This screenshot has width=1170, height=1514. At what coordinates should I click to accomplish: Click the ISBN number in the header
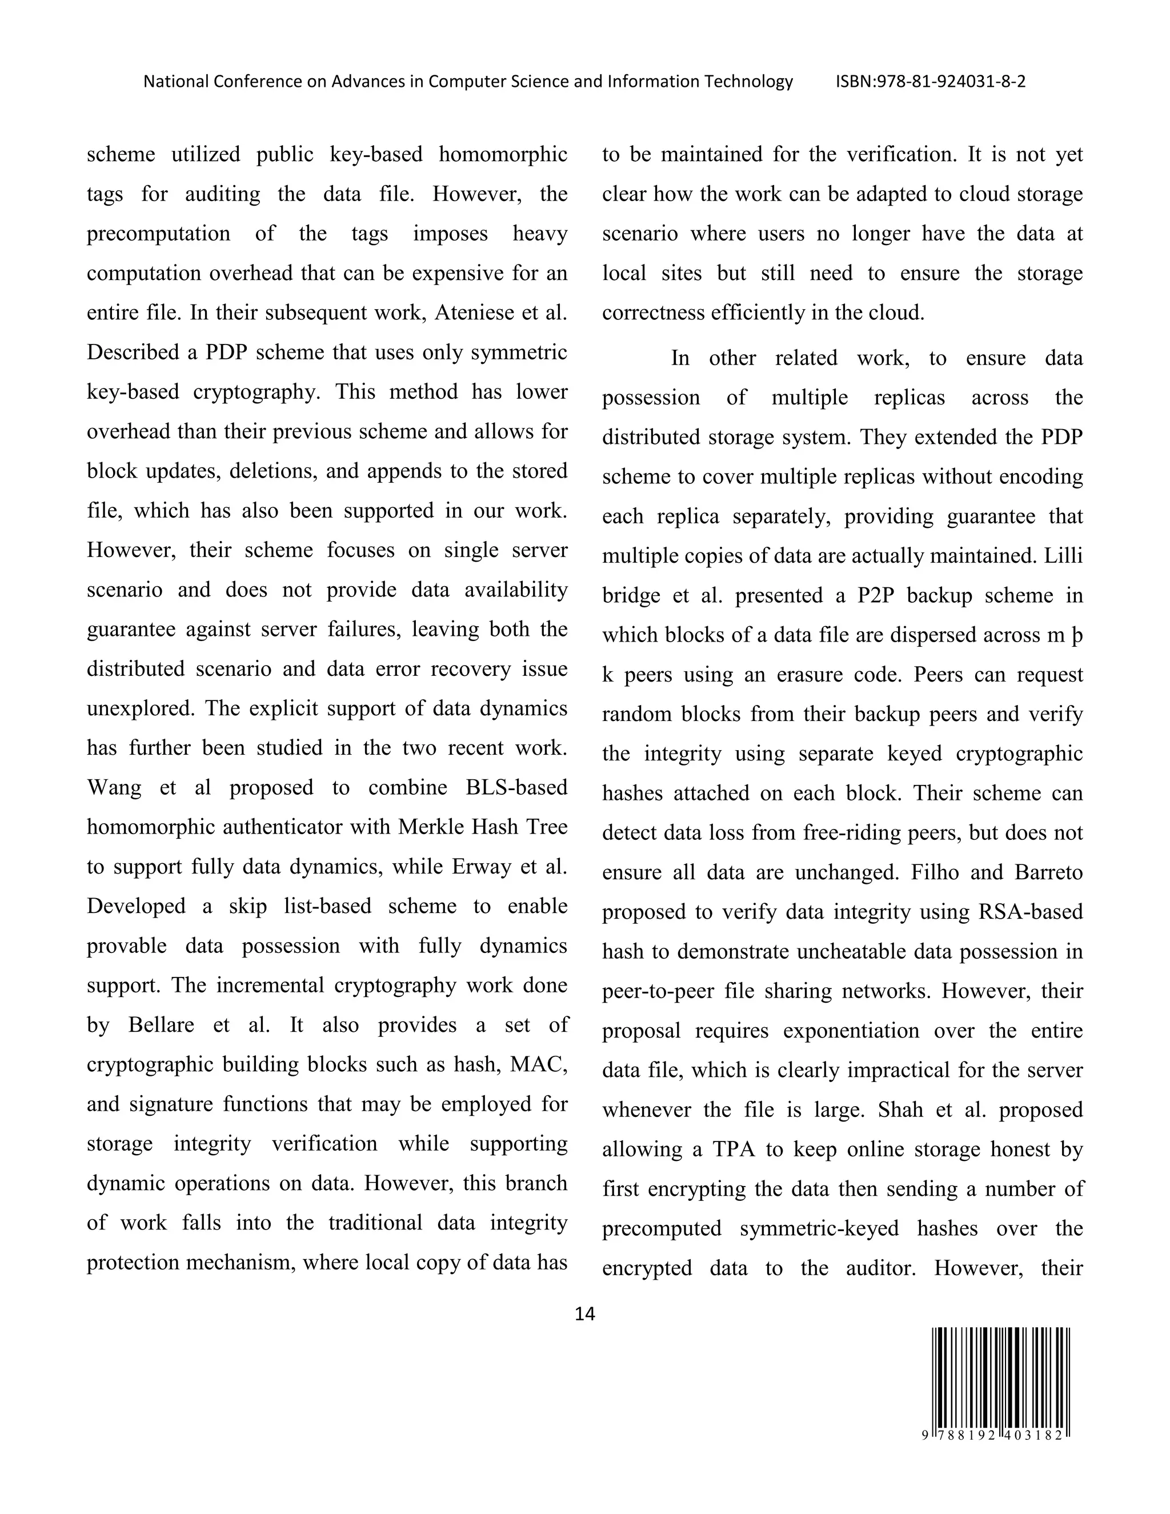[930, 82]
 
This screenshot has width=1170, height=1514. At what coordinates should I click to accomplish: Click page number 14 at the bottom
[584, 1313]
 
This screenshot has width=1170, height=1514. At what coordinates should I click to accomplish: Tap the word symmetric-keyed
[819, 1228]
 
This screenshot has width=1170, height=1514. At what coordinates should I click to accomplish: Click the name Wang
[114, 787]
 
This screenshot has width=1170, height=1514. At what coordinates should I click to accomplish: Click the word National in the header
[175, 82]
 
